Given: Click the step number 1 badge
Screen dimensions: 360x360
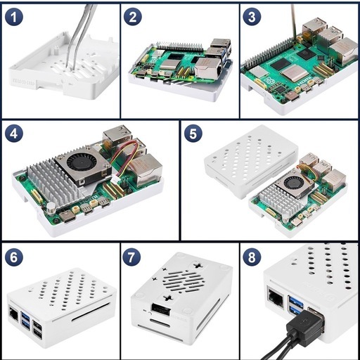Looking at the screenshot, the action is tap(14, 17).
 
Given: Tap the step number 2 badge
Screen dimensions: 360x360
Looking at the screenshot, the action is tap(133, 17).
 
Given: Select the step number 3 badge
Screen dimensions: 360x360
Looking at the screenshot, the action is tap(252, 17).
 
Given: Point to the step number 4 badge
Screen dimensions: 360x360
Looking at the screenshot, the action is tap(14, 134).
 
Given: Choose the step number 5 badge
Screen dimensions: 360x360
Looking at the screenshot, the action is tap(193, 134).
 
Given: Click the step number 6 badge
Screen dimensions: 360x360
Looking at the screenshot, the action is tap(14, 257).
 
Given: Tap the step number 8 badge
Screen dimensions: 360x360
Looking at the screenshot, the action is tap(252, 257).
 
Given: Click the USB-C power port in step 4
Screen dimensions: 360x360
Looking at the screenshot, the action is tap(67, 217).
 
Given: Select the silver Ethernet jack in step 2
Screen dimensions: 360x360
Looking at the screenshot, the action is tap(208, 67).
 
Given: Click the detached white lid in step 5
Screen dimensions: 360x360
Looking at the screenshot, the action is tap(251, 162).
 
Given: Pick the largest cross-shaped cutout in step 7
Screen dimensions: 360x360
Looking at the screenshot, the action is tap(198, 266).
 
